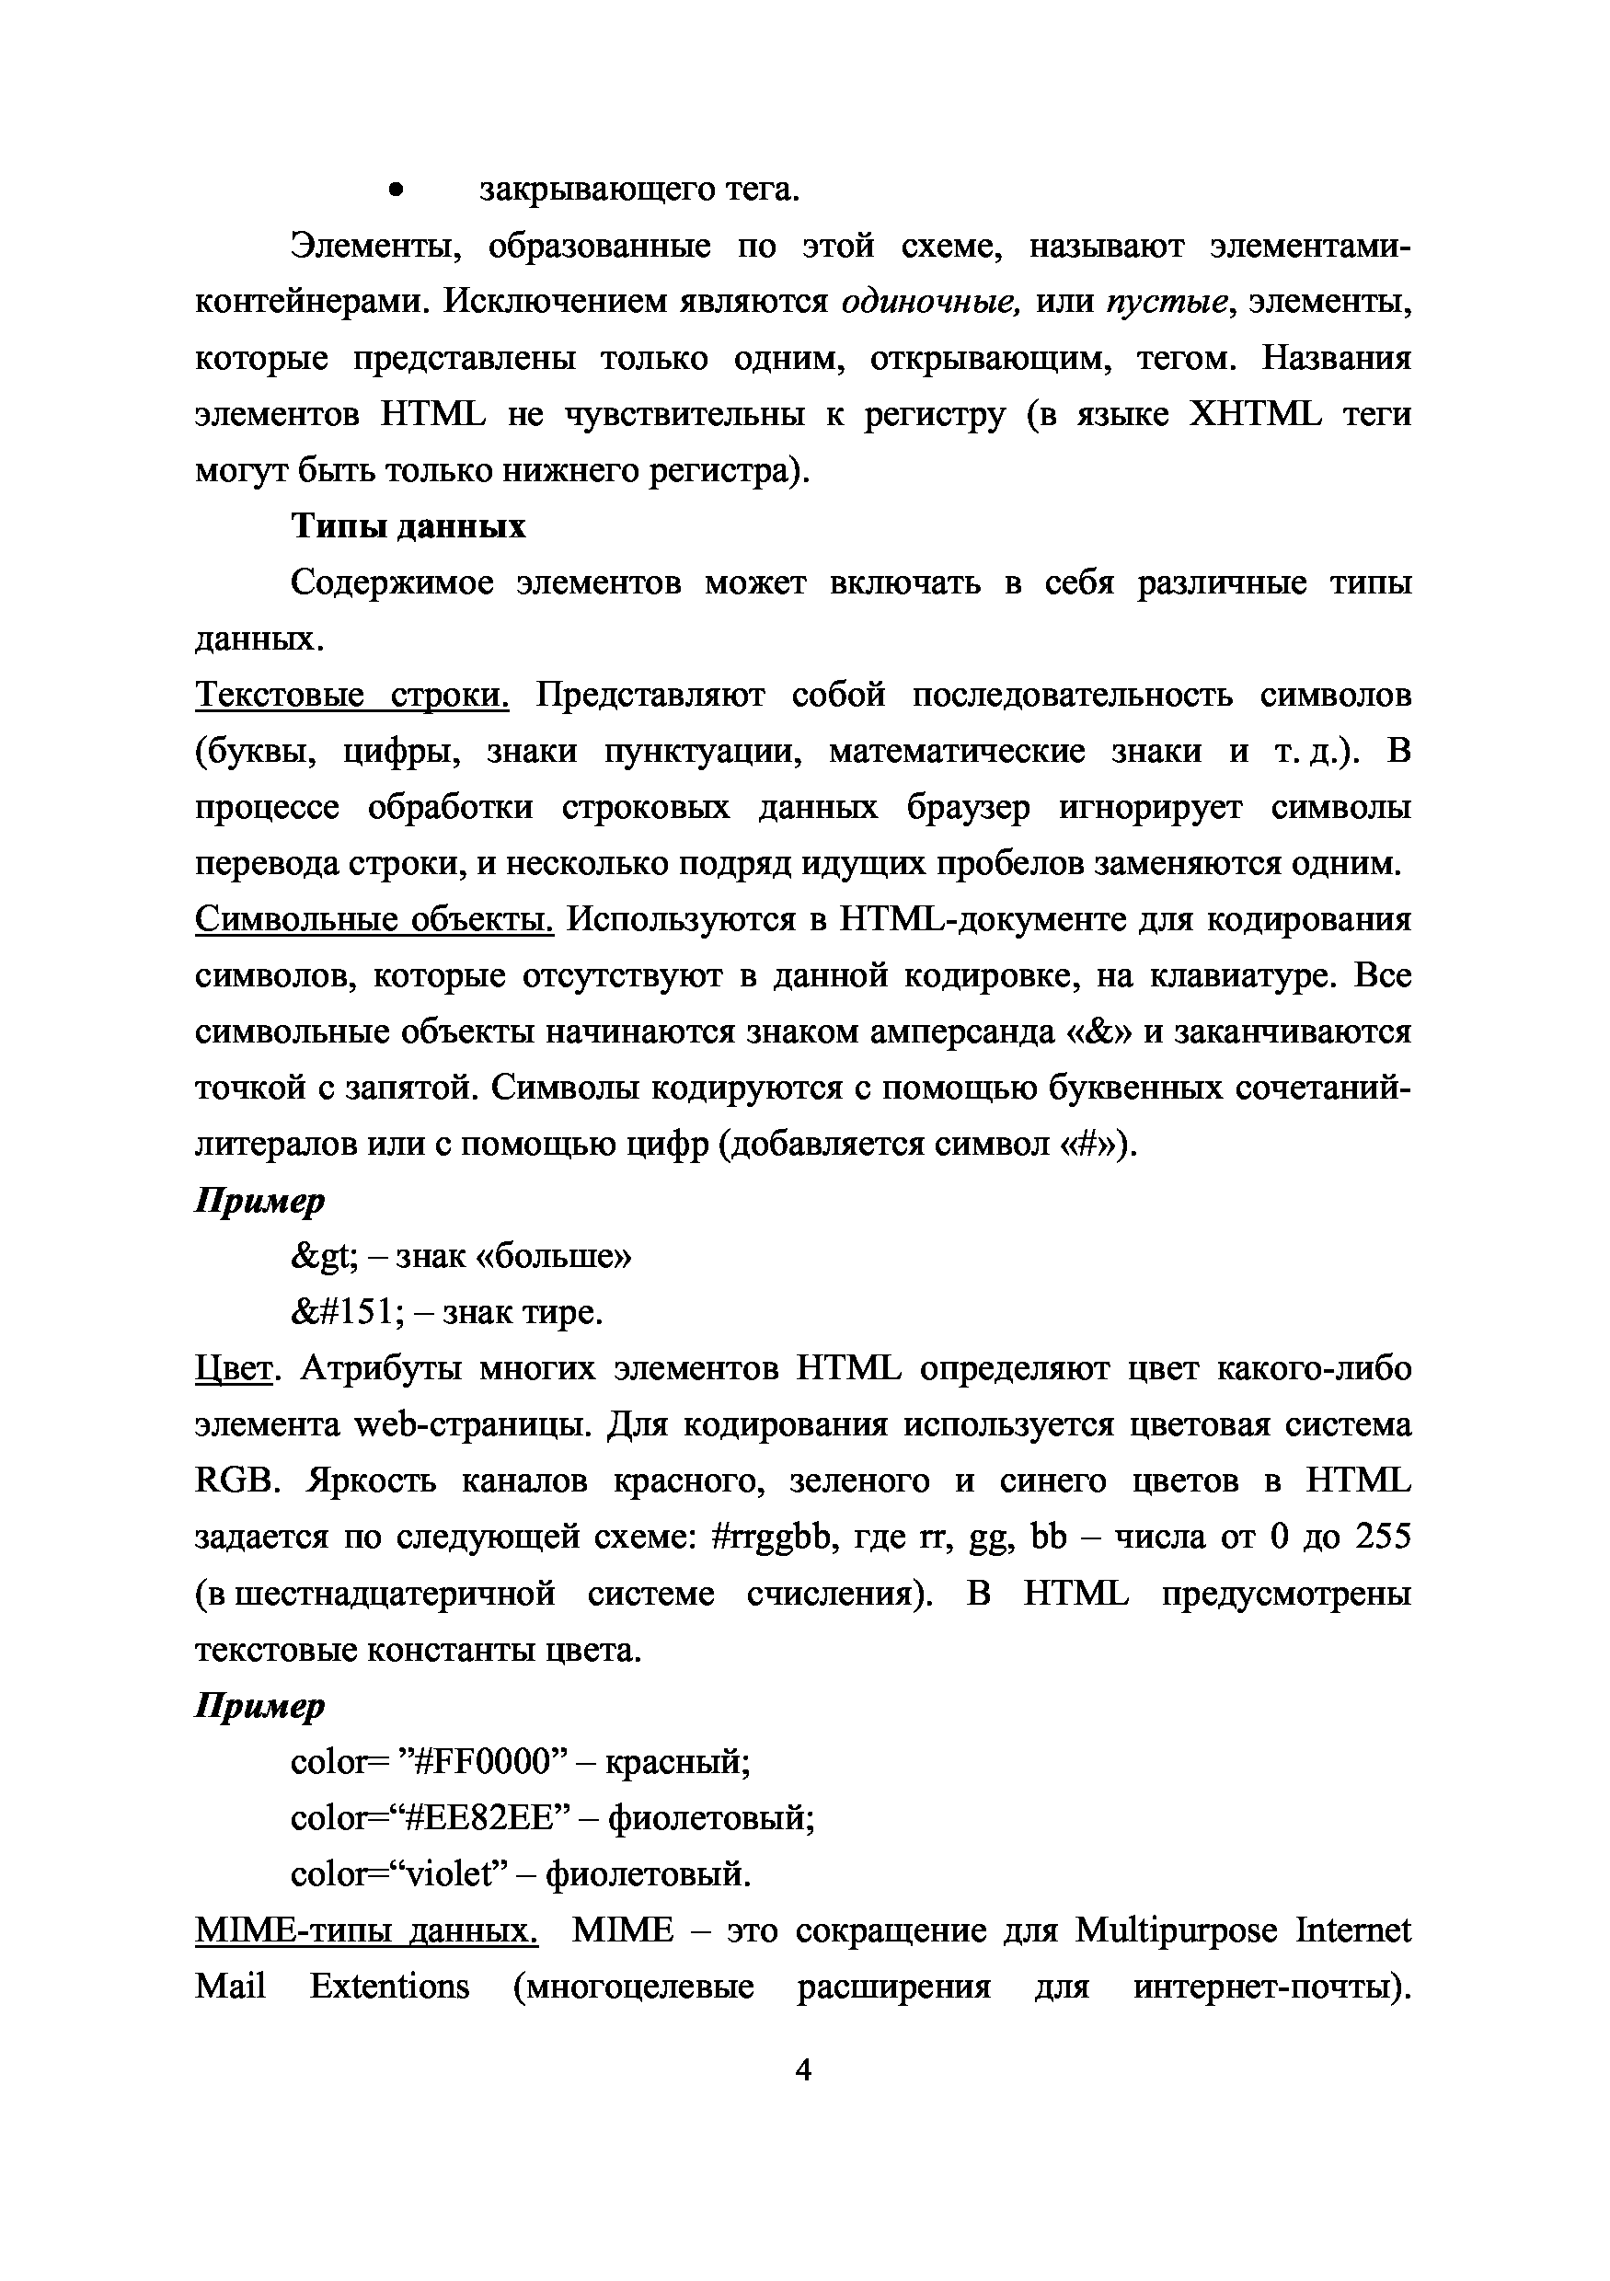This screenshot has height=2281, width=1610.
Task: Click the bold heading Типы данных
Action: pyautogui.click(x=408, y=525)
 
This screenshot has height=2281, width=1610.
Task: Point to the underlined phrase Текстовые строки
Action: pyautogui.click(x=351, y=695)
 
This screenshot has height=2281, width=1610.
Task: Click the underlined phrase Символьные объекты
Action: pyautogui.click(x=374, y=919)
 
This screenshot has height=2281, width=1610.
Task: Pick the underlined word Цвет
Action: pyautogui.click(x=233, y=1369)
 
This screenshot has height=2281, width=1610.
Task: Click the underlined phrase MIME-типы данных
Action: pyautogui.click(x=366, y=1931)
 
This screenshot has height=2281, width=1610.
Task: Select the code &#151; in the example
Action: pyautogui.click(x=347, y=1313)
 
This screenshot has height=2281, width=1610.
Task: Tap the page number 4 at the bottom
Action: pyautogui.click(x=804, y=2070)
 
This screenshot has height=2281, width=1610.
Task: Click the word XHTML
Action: pyautogui.click(x=1257, y=413)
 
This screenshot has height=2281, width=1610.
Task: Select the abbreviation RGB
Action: pyautogui.click(x=234, y=1481)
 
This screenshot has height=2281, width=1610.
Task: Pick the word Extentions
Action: pyautogui.click(x=389, y=1987)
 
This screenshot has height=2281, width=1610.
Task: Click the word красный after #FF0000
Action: pyautogui.click(x=675, y=1762)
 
